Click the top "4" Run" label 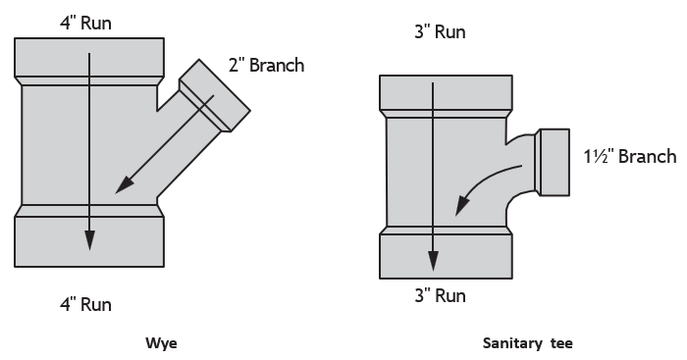[x=86, y=23]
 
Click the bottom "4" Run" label [x=86, y=304]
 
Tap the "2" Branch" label [x=266, y=65]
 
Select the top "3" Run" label [x=440, y=32]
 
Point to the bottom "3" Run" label [x=440, y=295]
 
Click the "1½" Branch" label [x=630, y=156]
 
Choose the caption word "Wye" [x=161, y=343]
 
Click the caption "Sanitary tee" [x=528, y=343]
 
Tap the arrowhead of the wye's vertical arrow [x=89, y=240]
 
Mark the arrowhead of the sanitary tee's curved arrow [x=461, y=205]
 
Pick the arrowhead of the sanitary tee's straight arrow [x=433, y=261]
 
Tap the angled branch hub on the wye [x=215, y=95]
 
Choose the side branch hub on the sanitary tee [x=552, y=162]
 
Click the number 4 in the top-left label [x=64, y=24]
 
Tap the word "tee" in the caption [x=561, y=343]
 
